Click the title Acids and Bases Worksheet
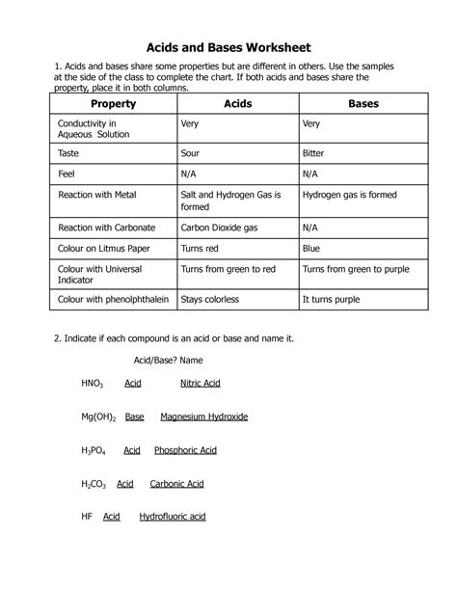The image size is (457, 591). click(228, 46)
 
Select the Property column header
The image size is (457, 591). click(113, 103)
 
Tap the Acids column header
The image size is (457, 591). click(237, 103)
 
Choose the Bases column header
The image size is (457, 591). click(356, 103)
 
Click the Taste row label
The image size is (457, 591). click(70, 152)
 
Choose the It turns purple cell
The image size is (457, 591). click(333, 300)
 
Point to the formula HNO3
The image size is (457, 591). click(94, 384)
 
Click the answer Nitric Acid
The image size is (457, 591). click(201, 384)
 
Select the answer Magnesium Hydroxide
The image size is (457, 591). click(204, 416)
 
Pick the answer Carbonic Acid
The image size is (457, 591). click(182, 483)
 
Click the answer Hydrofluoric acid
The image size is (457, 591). click(173, 517)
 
